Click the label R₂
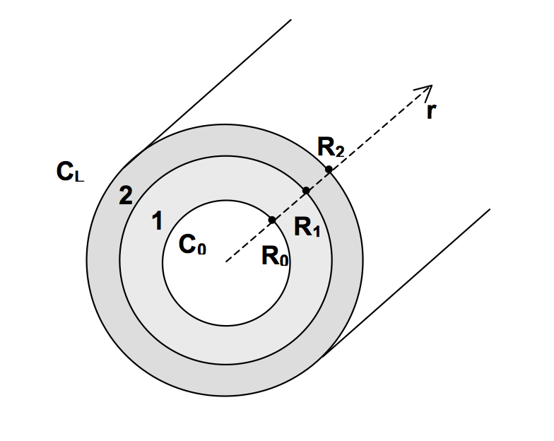pos(331,147)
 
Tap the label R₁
pos(307,227)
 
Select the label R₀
pos(275,256)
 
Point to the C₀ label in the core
pos(192,245)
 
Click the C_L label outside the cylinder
pos(71,172)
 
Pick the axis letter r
pos(431,112)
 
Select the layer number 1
pos(157,220)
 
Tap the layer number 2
pos(126,195)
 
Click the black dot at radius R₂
pos(329,170)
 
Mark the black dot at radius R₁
pos(307,191)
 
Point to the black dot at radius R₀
pos(272,220)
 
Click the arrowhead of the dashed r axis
pos(432,86)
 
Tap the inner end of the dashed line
pos(225,262)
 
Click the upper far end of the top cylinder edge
pos(291,20)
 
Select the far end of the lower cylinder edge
pos(490,209)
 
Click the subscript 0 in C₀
pos(201,249)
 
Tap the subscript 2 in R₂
pos(339,151)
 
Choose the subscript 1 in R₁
pos(317,232)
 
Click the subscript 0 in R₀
pos(284,260)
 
